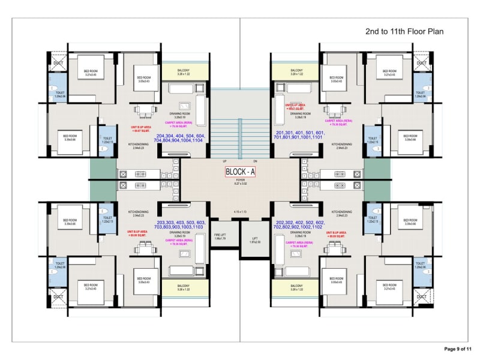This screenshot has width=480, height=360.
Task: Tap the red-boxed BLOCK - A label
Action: [240, 172]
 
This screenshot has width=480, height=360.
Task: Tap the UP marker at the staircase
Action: [224, 161]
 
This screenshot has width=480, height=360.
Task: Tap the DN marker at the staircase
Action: [255, 161]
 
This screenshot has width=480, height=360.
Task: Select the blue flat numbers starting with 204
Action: [180, 139]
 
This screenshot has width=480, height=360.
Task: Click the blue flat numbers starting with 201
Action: [300, 134]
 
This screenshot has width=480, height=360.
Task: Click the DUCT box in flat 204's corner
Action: [58, 62]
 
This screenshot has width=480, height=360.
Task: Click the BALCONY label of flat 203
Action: [184, 287]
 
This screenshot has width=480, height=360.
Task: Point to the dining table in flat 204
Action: [146, 110]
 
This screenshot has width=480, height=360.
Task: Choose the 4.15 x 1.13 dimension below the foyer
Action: [240, 212]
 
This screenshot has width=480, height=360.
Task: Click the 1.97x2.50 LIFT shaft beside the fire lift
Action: [255, 240]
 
